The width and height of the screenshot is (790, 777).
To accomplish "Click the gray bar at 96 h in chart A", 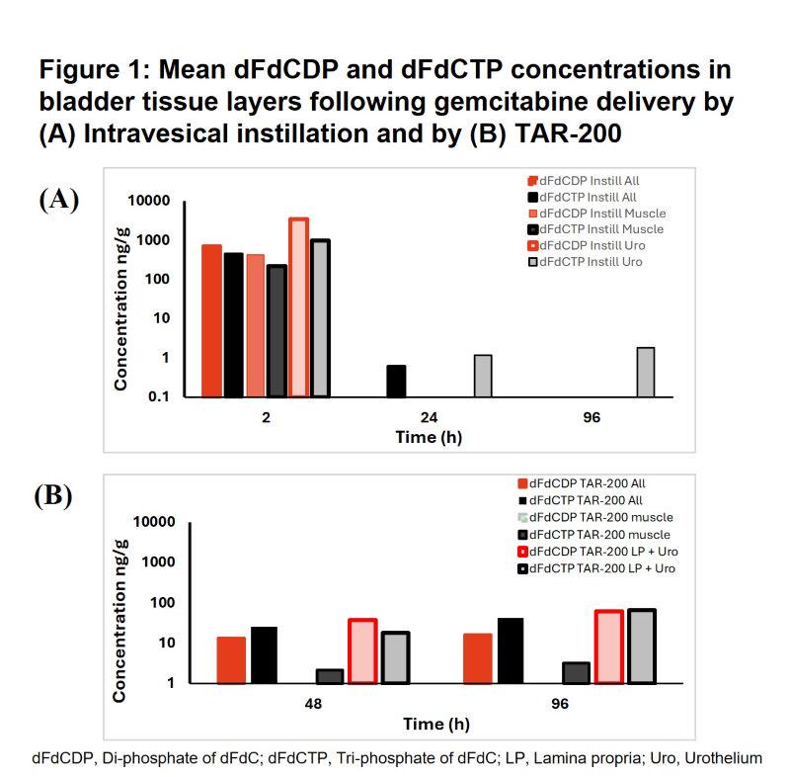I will [646, 372].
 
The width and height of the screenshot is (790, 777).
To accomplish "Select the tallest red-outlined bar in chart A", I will [298, 307].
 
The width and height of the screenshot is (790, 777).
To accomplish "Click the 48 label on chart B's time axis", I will [314, 706].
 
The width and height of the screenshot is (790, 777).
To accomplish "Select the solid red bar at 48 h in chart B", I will [232, 660].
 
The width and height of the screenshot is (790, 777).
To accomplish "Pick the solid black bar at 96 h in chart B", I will [512, 650].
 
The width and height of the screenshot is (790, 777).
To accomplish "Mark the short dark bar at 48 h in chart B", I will [330, 676].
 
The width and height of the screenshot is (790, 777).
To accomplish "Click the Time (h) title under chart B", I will [435, 724].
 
